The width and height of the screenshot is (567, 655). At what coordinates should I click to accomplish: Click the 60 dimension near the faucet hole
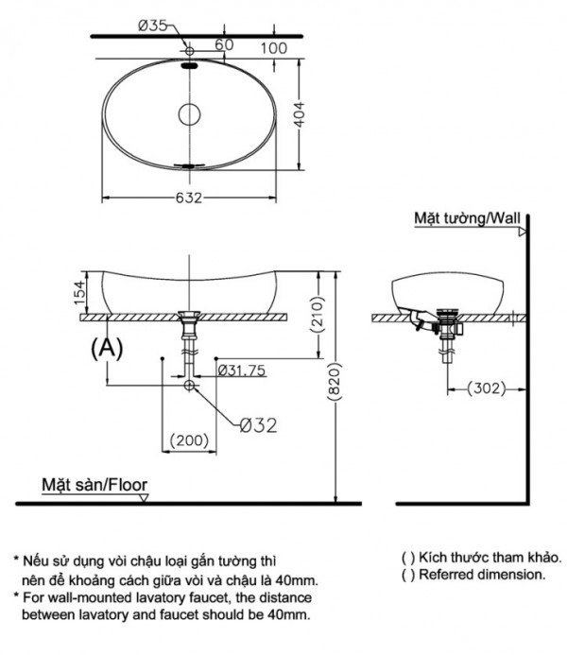coord(224,43)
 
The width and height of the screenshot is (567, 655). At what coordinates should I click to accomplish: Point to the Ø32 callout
coord(257,425)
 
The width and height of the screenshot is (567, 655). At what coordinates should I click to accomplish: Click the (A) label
coord(107,348)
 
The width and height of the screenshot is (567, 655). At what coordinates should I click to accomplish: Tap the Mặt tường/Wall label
coord(468,218)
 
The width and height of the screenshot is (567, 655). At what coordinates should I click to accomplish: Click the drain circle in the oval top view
coord(190,115)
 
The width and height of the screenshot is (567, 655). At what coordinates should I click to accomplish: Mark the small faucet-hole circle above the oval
coord(190,50)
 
